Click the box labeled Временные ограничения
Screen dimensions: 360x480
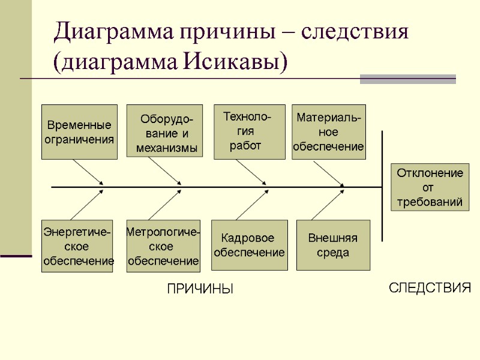click(79, 132)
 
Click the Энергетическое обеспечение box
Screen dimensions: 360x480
click(77, 246)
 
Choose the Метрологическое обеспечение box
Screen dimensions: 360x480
click(163, 246)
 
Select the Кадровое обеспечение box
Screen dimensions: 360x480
click(249, 246)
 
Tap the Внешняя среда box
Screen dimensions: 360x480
click(333, 246)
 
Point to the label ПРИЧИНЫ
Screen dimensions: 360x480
click(199, 289)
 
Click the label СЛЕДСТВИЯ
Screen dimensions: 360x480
click(430, 288)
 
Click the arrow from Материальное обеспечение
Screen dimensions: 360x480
click(328, 173)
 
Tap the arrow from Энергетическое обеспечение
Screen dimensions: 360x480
click(87, 205)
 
